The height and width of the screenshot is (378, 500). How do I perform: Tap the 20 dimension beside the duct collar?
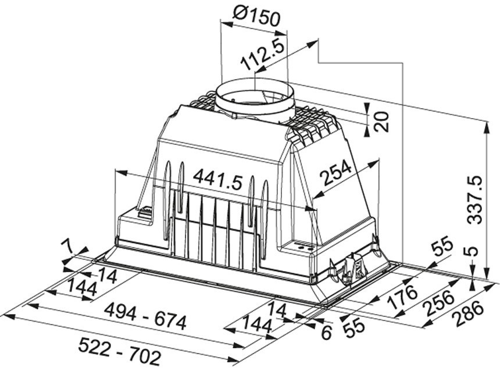[382, 122]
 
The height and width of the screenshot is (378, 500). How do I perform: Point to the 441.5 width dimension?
[218, 179]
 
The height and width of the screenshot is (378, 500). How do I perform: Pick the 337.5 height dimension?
[476, 199]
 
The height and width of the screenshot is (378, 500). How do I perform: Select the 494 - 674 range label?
[146, 316]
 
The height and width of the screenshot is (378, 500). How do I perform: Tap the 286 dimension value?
[469, 314]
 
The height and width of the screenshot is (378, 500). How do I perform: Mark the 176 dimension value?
[402, 297]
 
